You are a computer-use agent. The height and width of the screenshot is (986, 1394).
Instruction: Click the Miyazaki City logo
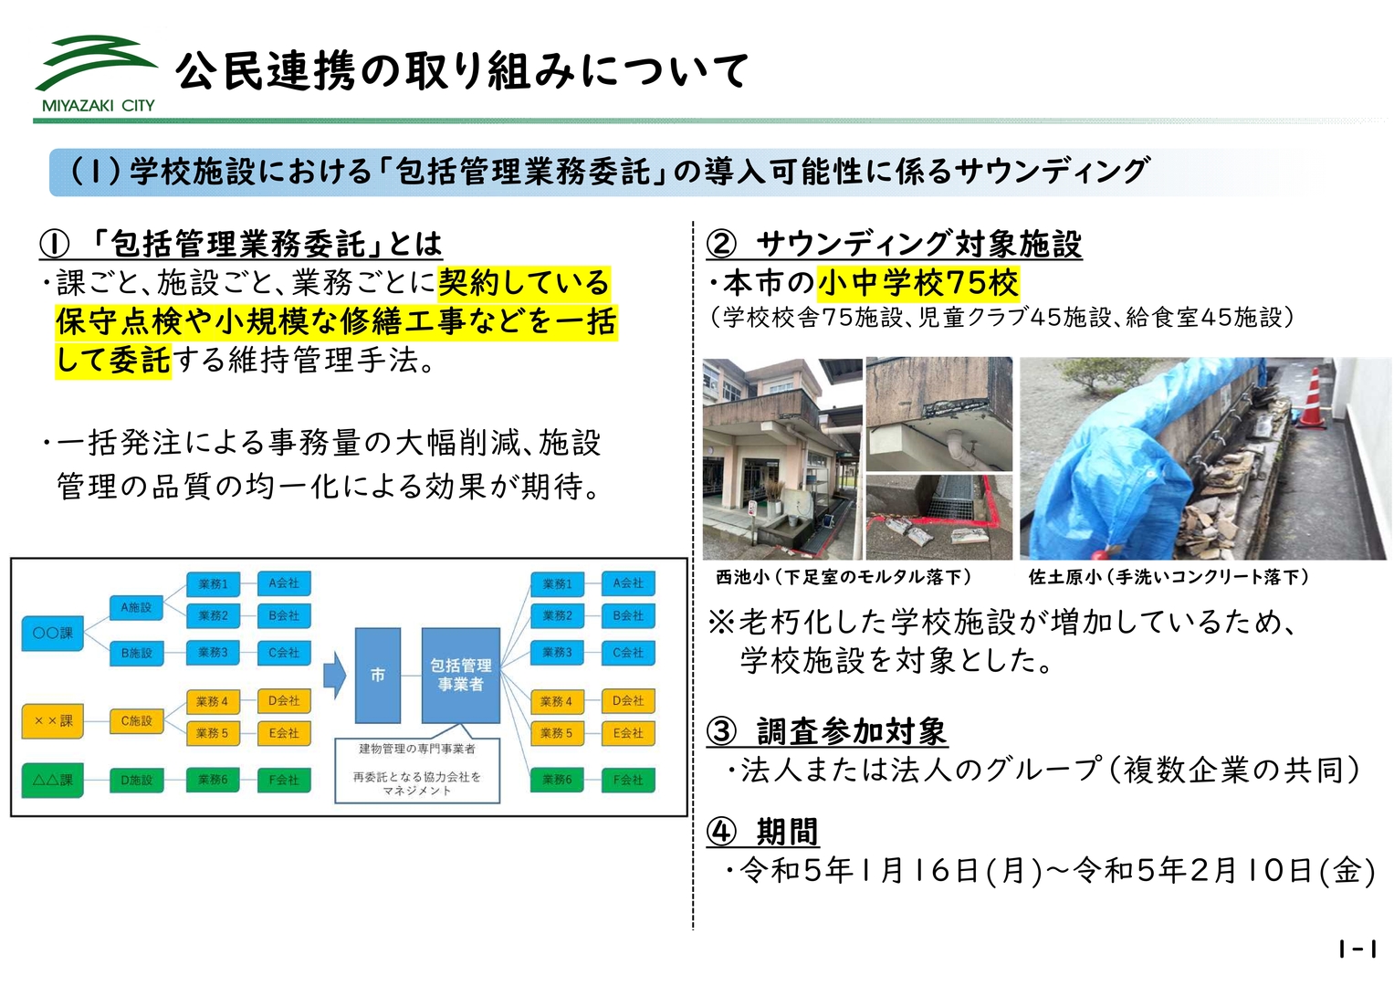click(x=96, y=73)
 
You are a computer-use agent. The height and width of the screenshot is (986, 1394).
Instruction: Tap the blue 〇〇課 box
click(x=53, y=634)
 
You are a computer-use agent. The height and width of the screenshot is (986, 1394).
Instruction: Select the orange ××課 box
click(x=53, y=721)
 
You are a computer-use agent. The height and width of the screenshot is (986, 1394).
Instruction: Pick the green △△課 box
click(x=53, y=780)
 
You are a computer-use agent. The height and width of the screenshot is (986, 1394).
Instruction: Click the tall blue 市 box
click(x=378, y=676)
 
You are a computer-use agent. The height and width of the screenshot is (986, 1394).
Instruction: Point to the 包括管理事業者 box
click(x=460, y=676)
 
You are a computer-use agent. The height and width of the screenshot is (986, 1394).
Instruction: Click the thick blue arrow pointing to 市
click(x=335, y=676)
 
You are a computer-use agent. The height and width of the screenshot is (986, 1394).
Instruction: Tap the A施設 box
click(x=136, y=607)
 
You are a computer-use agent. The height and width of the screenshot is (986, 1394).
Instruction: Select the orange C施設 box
click(x=136, y=721)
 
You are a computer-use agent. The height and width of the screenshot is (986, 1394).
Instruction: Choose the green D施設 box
click(x=136, y=780)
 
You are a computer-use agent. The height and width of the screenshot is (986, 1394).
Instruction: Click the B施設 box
click(x=136, y=653)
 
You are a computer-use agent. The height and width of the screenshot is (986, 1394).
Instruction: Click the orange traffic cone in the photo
click(x=1313, y=397)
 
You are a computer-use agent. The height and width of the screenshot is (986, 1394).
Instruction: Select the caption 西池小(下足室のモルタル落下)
click(x=844, y=577)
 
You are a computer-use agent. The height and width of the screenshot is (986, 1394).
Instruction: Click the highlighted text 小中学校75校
click(x=918, y=283)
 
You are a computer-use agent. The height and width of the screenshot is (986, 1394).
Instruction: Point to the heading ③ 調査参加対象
click(x=827, y=731)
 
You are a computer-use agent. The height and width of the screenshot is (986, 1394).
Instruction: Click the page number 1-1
click(x=1357, y=949)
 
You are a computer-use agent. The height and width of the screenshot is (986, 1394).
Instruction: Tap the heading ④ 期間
click(x=762, y=832)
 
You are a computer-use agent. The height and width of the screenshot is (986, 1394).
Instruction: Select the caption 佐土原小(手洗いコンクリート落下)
click(x=1169, y=577)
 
